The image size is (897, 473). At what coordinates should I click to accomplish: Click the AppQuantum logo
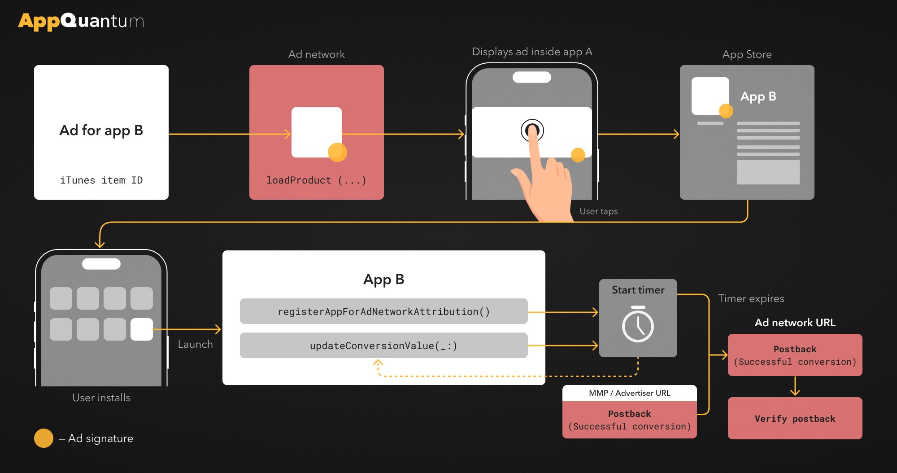81,21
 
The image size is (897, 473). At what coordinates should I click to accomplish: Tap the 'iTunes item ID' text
101,180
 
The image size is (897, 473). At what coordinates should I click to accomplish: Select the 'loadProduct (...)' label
316,180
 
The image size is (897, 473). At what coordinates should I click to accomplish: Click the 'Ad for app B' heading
101,130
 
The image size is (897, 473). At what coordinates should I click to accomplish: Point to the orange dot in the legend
44,438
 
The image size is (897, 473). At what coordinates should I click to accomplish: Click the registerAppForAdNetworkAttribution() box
384,311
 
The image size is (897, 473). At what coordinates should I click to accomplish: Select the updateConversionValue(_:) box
384,346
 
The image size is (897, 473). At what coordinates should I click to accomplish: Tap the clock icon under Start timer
638,324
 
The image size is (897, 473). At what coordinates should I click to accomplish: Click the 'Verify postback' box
795,418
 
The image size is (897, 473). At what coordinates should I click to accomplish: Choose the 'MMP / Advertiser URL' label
630,393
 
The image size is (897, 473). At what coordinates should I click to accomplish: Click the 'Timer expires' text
751,298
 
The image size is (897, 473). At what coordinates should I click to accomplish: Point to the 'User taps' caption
599,211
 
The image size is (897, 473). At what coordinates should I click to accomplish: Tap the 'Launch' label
196,344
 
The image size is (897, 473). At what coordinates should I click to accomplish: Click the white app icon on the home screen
142,329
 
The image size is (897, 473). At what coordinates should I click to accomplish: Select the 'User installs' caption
101,398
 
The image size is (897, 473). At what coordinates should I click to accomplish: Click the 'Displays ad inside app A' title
532,52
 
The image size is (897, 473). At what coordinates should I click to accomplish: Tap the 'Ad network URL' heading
795,323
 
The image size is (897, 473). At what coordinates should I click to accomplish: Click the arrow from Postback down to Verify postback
795,386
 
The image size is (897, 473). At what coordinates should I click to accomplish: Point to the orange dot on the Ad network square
337,152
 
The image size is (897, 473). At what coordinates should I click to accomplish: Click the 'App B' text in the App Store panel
758,96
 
